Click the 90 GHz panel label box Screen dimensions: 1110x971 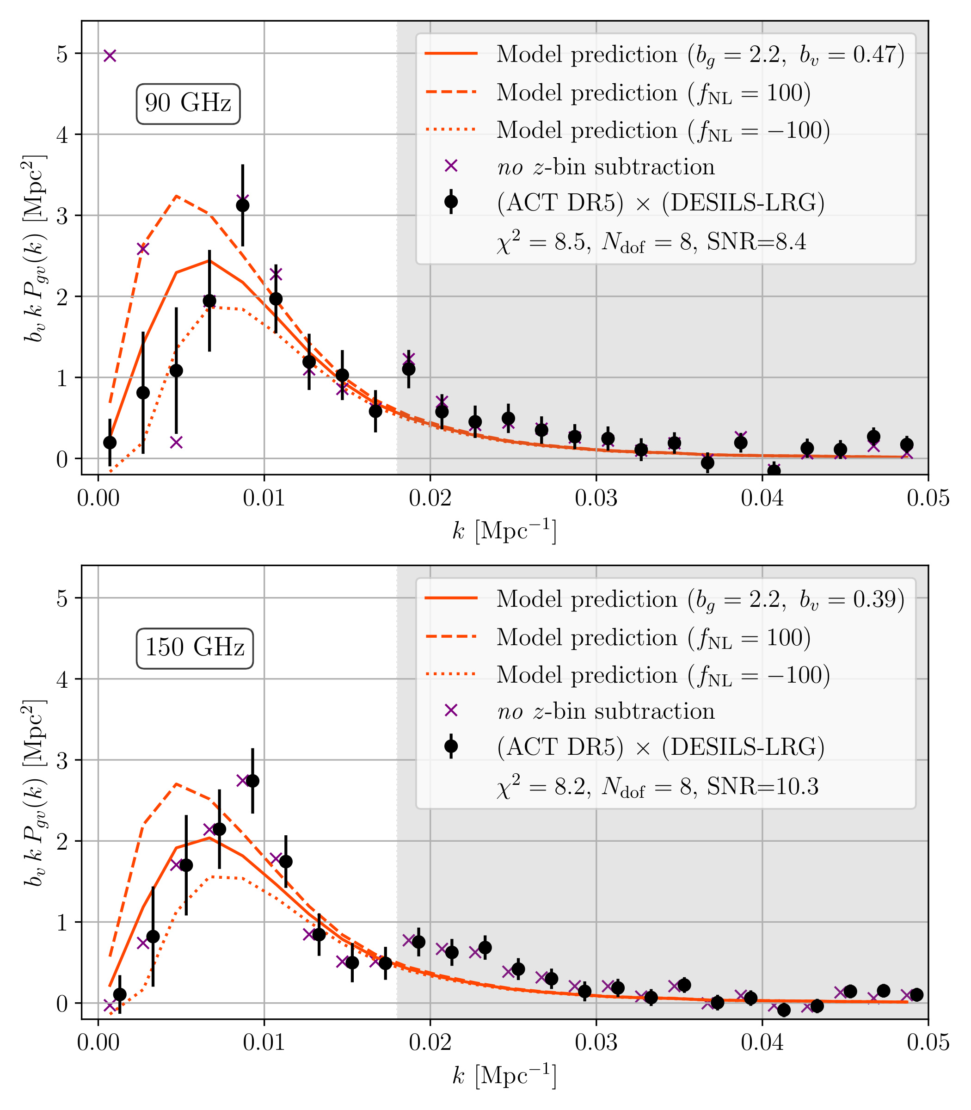pyautogui.click(x=188, y=104)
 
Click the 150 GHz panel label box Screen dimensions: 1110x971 pyautogui.click(x=195, y=648)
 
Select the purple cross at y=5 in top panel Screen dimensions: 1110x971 pyautogui.click(x=110, y=55)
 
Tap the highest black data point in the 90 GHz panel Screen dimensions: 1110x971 pyautogui.click(x=243, y=205)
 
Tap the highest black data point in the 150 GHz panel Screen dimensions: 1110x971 pyautogui.click(x=252, y=781)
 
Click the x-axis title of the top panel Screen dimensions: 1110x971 pyautogui.click(x=504, y=530)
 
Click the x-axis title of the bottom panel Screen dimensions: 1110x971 pyautogui.click(x=504, y=1075)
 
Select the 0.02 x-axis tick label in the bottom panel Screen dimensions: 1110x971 pyautogui.click(x=430, y=1043)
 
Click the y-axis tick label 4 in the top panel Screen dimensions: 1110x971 pyautogui.click(x=63, y=135)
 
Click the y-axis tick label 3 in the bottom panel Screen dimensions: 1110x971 pyautogui.click(x=63, y=760)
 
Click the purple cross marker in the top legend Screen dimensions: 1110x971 pyautogui.click(x=451, y=166)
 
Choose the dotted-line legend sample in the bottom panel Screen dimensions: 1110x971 pyautogui.click(x=451, y=674)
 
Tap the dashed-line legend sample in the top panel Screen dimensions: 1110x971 pyautogui.click(x=451, y=92)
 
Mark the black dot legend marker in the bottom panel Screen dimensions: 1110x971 pyautogui.click(x=451, y=746)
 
